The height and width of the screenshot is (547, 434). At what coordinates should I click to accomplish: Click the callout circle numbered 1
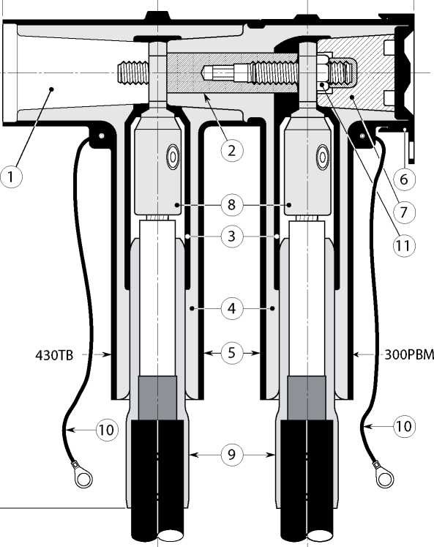tap(11, 177)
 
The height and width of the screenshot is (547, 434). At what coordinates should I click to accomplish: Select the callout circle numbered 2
tap(232, 150)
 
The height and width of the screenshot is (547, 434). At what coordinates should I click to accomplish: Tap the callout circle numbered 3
tap(232, 237)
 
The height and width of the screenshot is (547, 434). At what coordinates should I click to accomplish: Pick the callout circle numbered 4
tap(232, 308)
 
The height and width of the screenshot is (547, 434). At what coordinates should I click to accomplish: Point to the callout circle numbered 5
tap(232, 353)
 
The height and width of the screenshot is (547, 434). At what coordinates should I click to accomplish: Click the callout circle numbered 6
tap(404, 179)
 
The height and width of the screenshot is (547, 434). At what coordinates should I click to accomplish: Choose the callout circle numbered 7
tap(404, 212)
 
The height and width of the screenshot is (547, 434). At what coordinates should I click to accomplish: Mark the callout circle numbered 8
tap(232, 205)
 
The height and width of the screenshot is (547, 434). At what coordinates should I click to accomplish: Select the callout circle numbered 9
tap(232, 455)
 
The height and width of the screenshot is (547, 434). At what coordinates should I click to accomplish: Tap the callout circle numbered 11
tap(404, 246)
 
